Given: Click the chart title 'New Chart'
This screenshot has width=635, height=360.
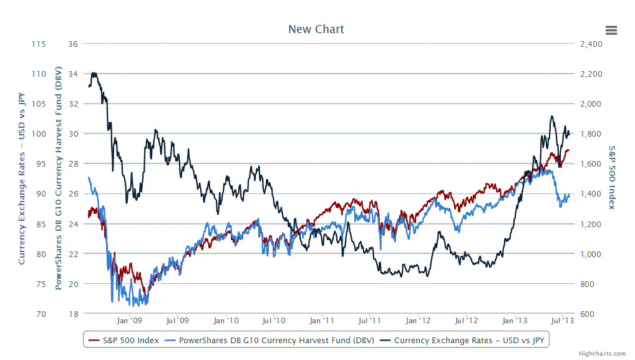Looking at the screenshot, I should click(x=316, y=29).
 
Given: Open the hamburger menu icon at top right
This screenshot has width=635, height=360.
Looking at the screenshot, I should click(x=611, y=30).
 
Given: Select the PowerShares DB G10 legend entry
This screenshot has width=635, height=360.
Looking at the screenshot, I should click(x=269, y=341).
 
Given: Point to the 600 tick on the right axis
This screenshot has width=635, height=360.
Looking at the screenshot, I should click(x=586, y=314).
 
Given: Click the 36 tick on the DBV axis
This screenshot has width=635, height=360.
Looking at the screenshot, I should click(x=73, y=44).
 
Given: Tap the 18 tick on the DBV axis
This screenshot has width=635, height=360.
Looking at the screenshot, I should click(x=73, y=314).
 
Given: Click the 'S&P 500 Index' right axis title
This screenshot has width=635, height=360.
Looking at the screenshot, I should click(x=612, y=178).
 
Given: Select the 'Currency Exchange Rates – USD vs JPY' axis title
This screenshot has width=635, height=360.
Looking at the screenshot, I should click(x=22, y=178).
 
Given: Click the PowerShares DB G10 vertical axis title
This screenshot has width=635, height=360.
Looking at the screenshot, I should click(x=59, y=178).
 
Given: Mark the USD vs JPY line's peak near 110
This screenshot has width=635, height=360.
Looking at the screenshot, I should click(x=94, y=73).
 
